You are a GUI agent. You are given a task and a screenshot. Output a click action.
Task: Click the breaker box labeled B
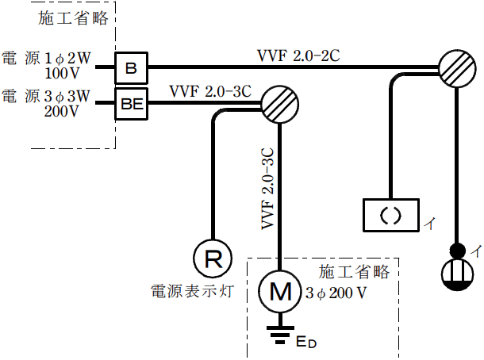pyautogui.click(x=132, y=69)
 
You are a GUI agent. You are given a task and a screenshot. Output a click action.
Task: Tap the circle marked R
pyautogui.click(x=213, y=258)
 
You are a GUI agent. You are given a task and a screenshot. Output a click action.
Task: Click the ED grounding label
pyautogui.click(x=305, y=343)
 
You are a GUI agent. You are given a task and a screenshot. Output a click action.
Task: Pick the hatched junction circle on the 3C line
pyautogui.click(x=280, y=104)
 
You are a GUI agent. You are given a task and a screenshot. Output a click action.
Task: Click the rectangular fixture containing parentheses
pyautogui.click(x=390, y=214)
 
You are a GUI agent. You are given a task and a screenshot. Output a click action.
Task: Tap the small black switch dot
pyautogui.click(x=457, y=251)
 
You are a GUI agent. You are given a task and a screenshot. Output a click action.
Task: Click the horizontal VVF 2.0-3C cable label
pyautogui.click(x=209, y=91)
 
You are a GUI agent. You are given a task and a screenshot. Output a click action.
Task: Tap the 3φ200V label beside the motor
pyautogui.click(x=336, y=293)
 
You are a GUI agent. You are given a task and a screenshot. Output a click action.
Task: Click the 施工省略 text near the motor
pyautogui.click(x=354, y=272)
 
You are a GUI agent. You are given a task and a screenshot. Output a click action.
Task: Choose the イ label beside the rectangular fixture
pyautogui.click(x=428, y=223)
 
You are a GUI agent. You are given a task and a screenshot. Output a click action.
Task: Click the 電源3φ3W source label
pyautogui.click(x=46, y=97)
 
